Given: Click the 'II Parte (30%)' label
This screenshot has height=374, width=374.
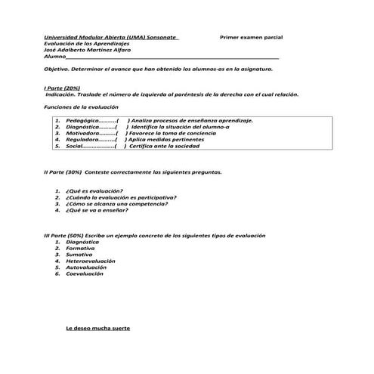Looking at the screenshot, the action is point(64,172).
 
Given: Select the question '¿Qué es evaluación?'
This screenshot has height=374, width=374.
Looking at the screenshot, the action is point(95,191).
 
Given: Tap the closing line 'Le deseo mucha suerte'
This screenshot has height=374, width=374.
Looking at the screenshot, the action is point(98,329).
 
